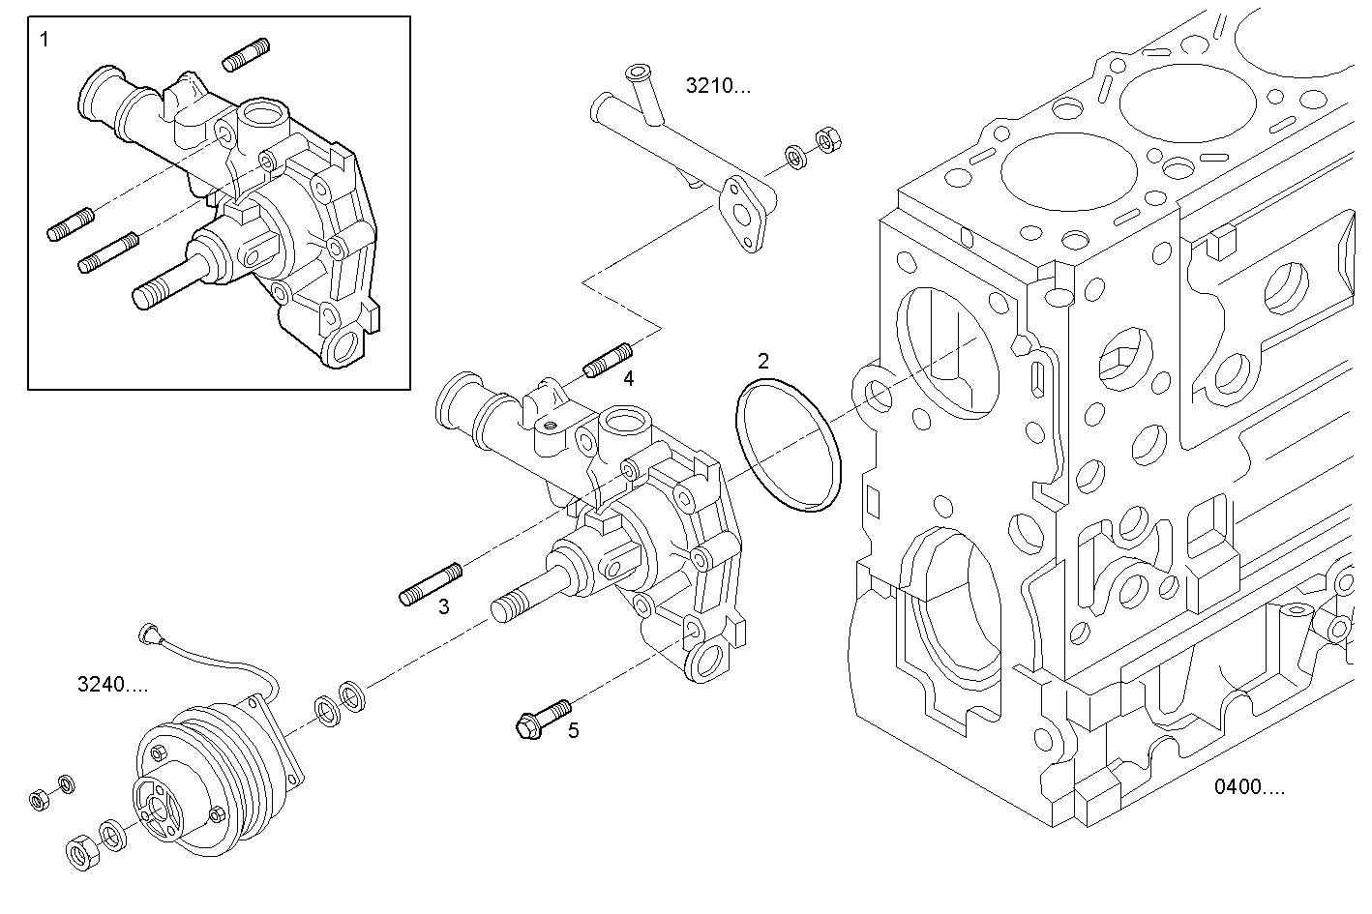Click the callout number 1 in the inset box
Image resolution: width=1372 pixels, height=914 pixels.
click(44, 40)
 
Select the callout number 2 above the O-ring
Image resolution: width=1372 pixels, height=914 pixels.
click(763, 362)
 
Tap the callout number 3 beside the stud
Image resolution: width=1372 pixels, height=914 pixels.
click(443, 607)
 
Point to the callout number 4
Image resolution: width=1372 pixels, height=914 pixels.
click(628, 378)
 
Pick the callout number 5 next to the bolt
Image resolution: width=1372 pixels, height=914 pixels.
click(573, 730)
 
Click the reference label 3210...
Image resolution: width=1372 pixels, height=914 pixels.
click(717, 85)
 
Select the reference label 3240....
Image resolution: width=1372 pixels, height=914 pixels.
click(112, 685)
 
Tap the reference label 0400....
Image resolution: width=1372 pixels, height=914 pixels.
click(1249, 786)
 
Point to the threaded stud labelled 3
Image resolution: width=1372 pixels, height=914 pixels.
click(431, 585)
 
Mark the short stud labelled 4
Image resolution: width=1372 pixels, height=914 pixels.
click(608, 360)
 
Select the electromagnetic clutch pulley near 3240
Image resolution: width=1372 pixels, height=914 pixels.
click(208, 783)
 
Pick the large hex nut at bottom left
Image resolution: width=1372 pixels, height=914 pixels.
click(79, 851)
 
